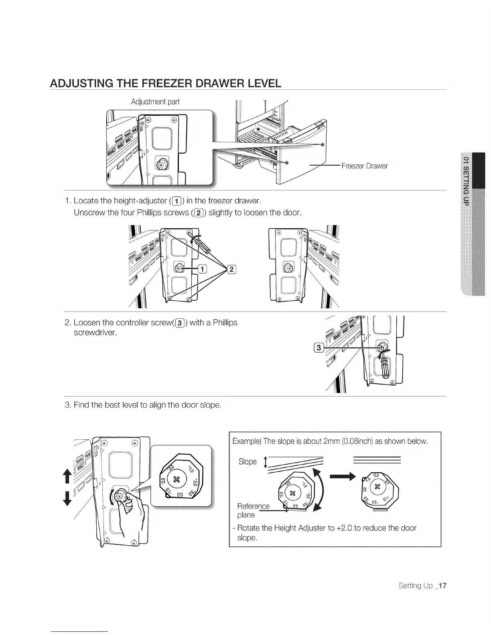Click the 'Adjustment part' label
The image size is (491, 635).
pos(155,102)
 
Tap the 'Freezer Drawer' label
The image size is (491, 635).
pos(364,166)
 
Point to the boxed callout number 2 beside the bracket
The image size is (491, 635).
pos(232,269)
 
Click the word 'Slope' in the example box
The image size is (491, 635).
pos(247,461)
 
